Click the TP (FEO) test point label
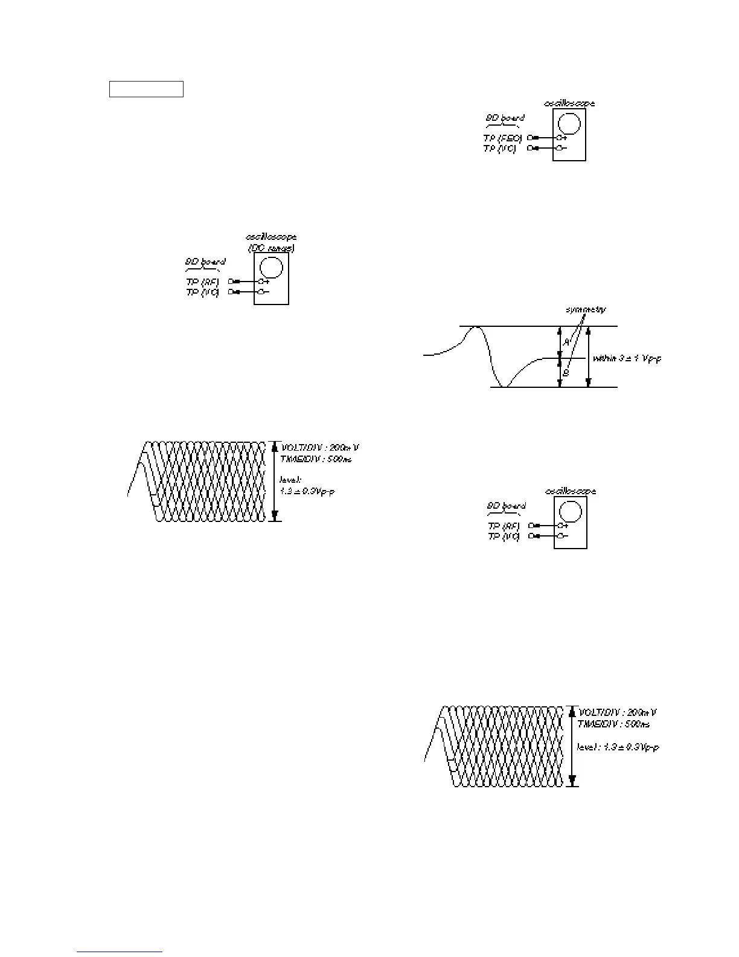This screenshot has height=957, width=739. pos(503,138)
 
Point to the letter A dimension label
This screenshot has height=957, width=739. pos(566,342)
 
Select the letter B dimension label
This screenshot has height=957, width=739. pos(566,373)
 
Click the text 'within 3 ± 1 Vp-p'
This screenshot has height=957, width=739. pos(627,358)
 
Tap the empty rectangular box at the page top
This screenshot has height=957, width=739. pos(146,89)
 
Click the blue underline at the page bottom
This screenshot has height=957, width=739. pos(120,952)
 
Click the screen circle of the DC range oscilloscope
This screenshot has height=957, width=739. pos(271,267)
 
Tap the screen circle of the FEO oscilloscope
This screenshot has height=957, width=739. pos(569,124)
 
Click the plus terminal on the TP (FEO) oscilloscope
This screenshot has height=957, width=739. pos(559,138)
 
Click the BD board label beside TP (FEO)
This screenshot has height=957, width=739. pos(505,118)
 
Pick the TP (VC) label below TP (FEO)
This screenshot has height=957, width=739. pos(500,148)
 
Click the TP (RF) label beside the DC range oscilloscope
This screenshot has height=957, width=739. pos(203,282)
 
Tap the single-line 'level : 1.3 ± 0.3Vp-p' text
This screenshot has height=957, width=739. pos(618,747)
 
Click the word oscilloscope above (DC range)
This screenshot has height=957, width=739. pos(271,237)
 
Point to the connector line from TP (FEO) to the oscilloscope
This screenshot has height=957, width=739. pos(546,138)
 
